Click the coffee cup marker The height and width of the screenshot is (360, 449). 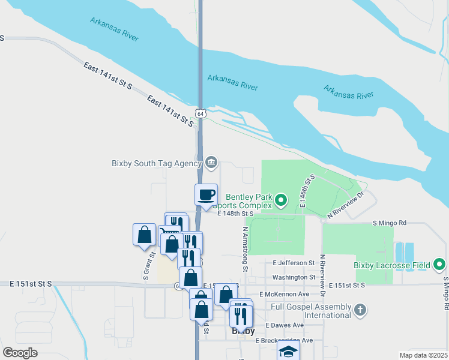click(x=206, y=194)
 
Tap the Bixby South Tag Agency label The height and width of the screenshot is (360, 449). click(x=157, y=163)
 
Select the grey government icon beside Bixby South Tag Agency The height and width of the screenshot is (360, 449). click(x=211, y=162)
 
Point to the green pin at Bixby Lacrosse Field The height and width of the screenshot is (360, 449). click(x=439, y=264)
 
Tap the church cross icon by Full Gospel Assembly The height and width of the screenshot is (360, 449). click(x=360, y=310)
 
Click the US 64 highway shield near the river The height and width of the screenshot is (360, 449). click(x=200, y=113)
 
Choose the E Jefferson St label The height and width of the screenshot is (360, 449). click(x=294, y=263)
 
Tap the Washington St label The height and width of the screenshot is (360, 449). click(x=294, y=277)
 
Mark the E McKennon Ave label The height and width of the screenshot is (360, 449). click(x=285, y=295)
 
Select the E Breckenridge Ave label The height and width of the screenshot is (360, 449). click(x=284, y=340)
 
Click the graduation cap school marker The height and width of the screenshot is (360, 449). click(x=288, y=352)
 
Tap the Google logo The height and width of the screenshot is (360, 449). click(x=20, y=353)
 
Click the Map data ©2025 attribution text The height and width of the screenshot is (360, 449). click(x=423, y=355)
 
